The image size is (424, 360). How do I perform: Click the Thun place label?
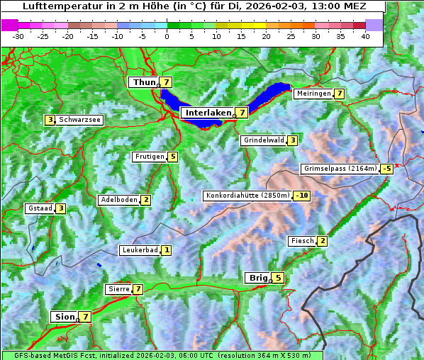(x=144, y=83)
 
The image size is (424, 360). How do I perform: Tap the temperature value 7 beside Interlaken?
(x=242, y=113)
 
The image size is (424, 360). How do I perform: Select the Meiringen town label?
(x=313, y=94)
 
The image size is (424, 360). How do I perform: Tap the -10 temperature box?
(x=303, y=196)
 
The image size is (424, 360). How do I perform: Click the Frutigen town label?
(x=150, y=157)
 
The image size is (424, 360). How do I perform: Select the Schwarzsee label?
(x=80, y=120)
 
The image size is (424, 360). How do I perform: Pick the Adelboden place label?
(x=118, y=200)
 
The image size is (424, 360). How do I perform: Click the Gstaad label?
(x=40, y=208)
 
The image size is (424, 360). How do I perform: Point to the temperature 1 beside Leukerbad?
(x=167, y=250)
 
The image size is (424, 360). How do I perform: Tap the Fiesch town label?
(x=301, y=241)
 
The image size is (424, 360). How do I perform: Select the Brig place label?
(x=257, y=278)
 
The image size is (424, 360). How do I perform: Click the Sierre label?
(x=118, y=289)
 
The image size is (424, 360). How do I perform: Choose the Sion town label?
(x=64, y=317)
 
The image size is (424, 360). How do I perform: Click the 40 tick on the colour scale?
(x=365, y=36)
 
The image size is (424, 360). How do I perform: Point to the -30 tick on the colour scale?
(x=18, y=36)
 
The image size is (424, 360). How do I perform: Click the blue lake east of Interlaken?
(x=269, y=96)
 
